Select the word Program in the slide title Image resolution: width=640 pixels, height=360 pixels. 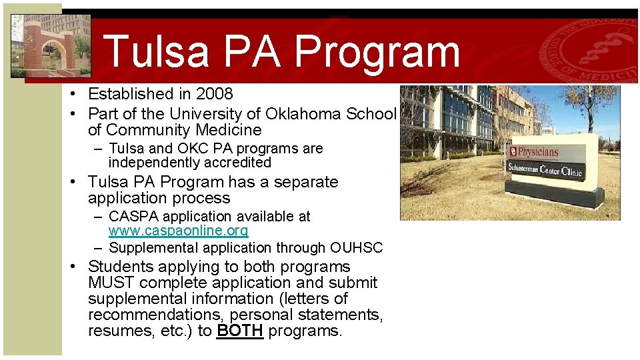[x=377, y=52]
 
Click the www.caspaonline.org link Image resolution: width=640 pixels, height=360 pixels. [x=178, y=231]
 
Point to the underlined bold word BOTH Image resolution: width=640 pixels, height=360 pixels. [x=239, y=331]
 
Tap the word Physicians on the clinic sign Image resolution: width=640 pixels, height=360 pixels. [x=539, y=151]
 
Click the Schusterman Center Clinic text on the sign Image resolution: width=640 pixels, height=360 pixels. [x=545, y=170]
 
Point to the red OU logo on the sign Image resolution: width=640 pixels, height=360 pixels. [x=515, y=151]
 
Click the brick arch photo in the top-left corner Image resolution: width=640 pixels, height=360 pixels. [x=51, y=45]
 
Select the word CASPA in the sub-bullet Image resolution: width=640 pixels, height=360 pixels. [x=130, y=217]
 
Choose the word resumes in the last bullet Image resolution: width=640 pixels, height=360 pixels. [x=115, y=331]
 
